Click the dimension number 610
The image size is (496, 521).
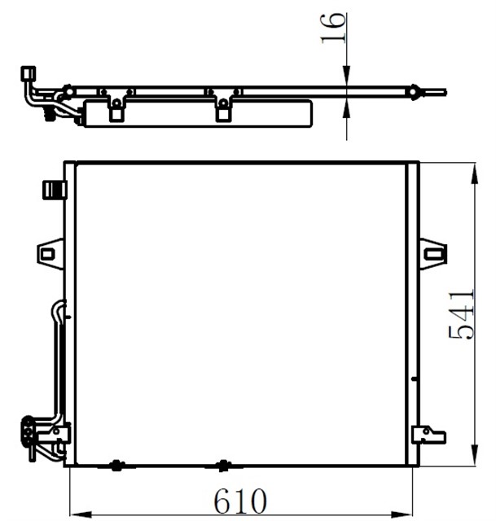240,499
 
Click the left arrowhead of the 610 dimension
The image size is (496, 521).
78,514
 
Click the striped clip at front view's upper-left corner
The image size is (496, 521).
53,190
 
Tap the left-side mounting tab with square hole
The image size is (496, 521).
50,253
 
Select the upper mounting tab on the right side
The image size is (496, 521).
432,253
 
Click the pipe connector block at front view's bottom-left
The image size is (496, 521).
30,431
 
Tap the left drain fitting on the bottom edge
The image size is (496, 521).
116,466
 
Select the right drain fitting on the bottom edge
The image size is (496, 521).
223,466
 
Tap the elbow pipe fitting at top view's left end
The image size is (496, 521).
29,77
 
